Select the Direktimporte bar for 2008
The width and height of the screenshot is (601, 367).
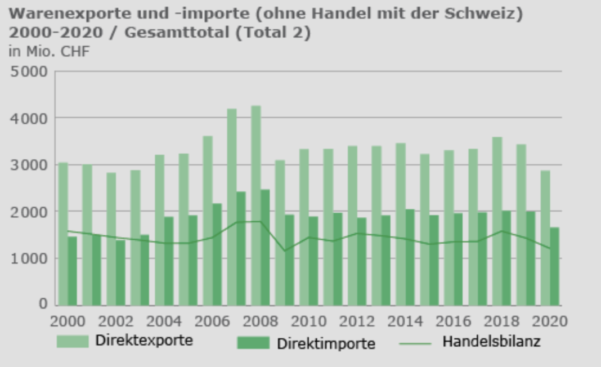tap(264, 248)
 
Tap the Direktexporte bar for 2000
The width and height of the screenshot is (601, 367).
tap(63, 234)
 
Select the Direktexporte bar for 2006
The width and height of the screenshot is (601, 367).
tap(208, 220)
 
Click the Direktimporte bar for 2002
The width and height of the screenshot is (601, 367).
tap(120, 272)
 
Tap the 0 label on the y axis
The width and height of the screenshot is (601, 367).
tap(43, 305)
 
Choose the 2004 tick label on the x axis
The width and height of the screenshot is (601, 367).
tap(165, 321)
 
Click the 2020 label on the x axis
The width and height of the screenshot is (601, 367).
tap(550, 321)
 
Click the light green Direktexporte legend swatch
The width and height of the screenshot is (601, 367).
tap(73, 341)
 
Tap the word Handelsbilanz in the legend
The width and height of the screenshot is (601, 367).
tap(491, 342)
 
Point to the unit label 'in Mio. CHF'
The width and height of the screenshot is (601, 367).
tap(49, 52)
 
